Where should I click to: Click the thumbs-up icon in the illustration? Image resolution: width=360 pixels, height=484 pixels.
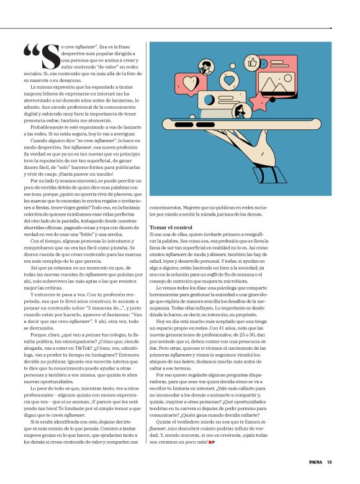point(252,62)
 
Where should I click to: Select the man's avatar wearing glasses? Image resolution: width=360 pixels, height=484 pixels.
point(203,66)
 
